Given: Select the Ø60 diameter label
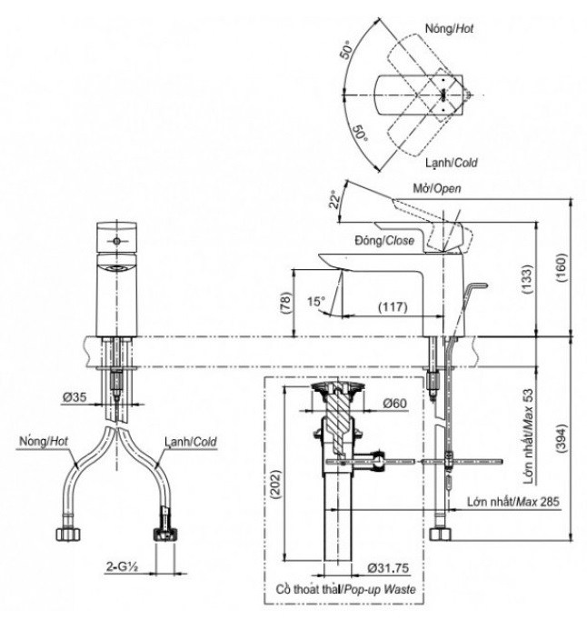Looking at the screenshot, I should (x=393, y=403).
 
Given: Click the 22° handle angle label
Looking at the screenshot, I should (x=336, y=198).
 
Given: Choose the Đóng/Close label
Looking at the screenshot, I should (x=385, y=240).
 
